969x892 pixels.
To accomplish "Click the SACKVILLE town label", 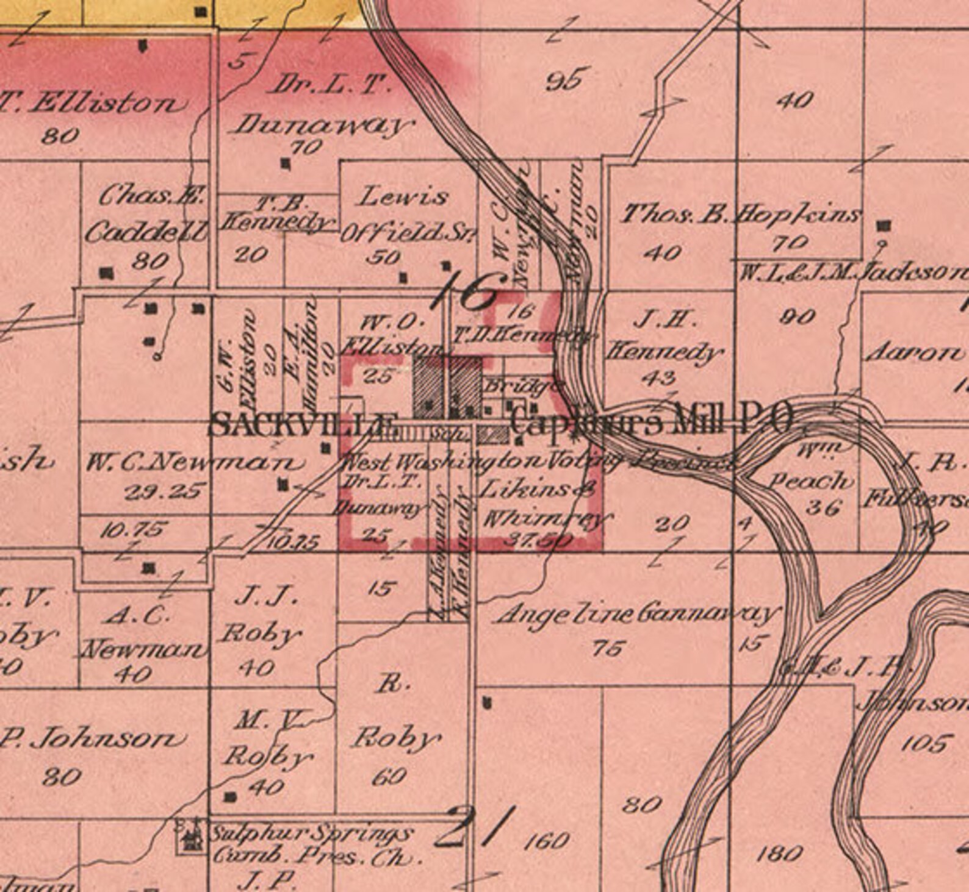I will (x=303, y=424).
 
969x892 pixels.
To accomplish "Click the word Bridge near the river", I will (x=522, y=386).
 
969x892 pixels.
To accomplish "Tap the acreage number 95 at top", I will (x=567, y=80).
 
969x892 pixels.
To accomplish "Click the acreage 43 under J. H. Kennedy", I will (x=658, y=377).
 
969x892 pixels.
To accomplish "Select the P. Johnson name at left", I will (x=92, y=740).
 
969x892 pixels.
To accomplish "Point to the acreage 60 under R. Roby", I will (x=389, y=776).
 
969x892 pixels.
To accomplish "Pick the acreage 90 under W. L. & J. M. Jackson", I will (x=798, y=316).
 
